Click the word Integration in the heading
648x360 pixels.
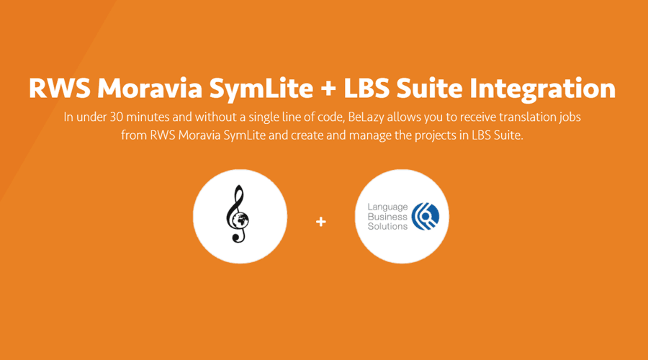(x=543, y=89)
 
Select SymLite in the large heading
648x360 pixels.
(x=261, y=89)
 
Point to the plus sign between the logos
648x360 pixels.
(x=321, y=222)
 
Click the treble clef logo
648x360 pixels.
(x=237, y=214)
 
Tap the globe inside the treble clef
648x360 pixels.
(x=240, y=220)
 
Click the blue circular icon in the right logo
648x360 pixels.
(x=426, y=216)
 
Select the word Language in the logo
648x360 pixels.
(x=387, y=207)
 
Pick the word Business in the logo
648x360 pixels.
(x=387, y=217)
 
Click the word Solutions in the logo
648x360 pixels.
(x=387, y=226)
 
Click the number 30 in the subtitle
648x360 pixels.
(x=116, y=117)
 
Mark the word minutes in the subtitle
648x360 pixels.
(x=148, y=117)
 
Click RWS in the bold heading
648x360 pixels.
(x=60, y=88)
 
